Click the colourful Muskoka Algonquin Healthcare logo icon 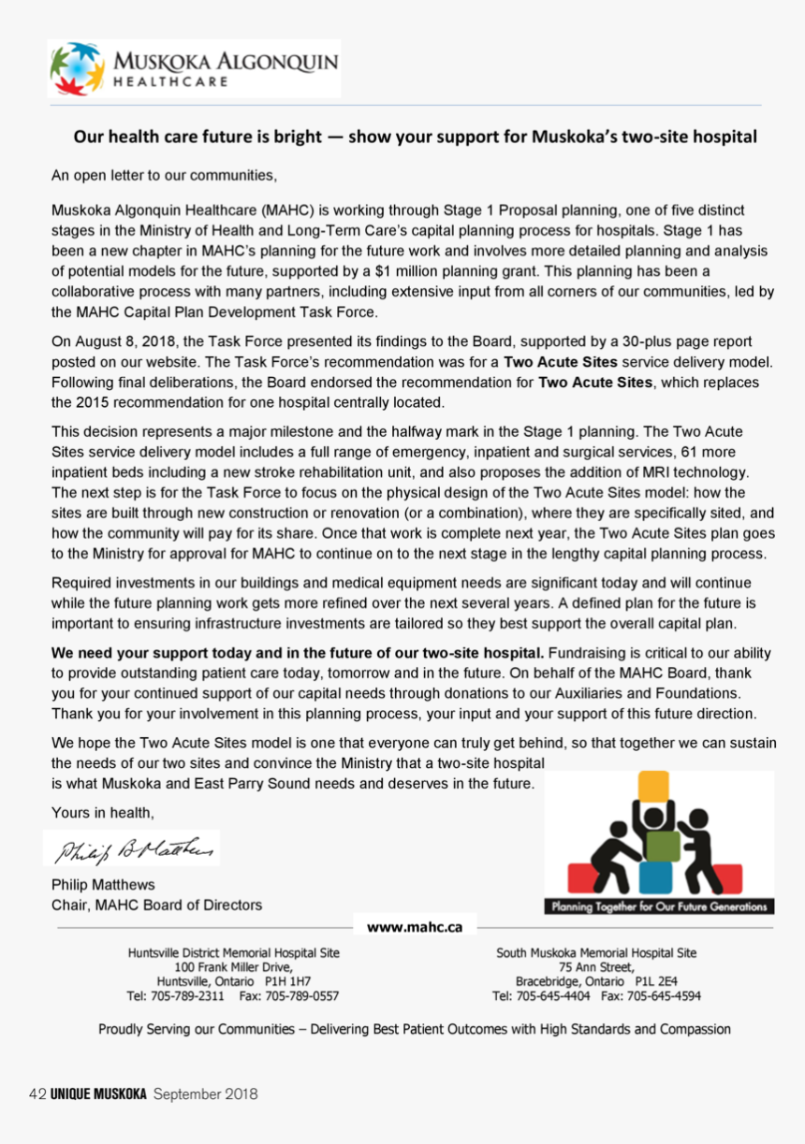[77, 68]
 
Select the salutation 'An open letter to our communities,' [164, 175]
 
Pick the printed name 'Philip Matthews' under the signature [103, 884]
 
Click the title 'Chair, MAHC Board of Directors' [156, 905]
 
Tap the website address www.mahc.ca [415, 927]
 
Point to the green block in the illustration [662, 845]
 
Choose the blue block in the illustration [656, 877]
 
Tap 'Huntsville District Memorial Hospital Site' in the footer [233, 953]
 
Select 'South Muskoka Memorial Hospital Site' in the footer [596, 953]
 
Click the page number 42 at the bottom [38, 1093]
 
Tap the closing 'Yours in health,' [103, 812]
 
